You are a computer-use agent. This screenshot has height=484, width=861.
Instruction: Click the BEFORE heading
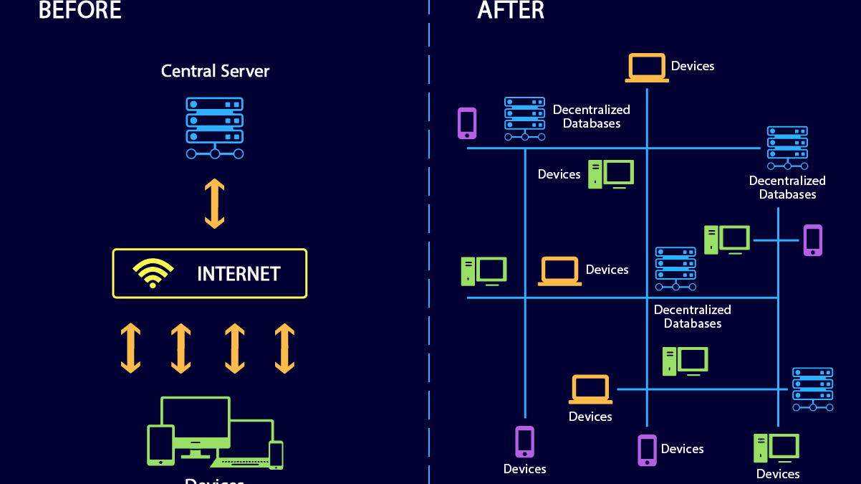coord(80,10)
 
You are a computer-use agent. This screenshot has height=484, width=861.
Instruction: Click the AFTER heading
coord(511,10)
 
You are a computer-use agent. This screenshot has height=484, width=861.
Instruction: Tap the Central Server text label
coord(215,71)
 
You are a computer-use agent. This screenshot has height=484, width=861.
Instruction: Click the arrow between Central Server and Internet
coord(215,204)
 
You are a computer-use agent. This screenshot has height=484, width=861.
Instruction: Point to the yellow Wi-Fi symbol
coord(153,273)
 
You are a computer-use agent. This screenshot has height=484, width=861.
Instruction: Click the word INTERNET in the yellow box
coord(239,274)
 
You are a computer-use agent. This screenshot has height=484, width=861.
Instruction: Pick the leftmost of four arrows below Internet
coord(130,348)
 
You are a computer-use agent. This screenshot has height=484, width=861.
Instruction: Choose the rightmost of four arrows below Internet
coord(284,348)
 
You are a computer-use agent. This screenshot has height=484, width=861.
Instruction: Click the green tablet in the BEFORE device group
coord(160,445)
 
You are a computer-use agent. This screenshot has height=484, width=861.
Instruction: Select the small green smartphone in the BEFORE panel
coord(276,455)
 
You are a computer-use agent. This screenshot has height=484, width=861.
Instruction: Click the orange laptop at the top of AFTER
coord(647,67)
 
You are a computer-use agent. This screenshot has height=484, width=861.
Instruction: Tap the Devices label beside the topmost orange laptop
coord(693,66)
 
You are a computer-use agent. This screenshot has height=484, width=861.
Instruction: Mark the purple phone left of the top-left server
coord(467,123)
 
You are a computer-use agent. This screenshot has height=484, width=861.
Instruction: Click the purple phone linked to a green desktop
coord(812,240)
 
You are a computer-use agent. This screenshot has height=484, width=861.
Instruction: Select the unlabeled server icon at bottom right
coord(812,389)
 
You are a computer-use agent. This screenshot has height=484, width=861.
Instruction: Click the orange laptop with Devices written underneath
coord(590,389)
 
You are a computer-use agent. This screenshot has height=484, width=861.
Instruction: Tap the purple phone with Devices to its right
coord(647,450)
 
